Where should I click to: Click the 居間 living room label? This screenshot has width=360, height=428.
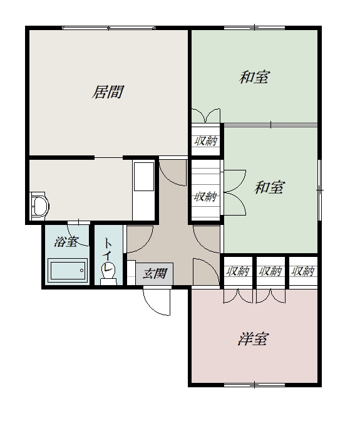click(x=108, y=91)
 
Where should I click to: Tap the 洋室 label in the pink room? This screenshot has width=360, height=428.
click(x=254, y=339)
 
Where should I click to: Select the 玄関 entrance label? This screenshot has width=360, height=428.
click(x=155, y=273)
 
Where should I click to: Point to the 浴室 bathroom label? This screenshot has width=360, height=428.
click(x=66, y=241)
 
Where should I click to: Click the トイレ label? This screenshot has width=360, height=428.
click(x=108, y=254)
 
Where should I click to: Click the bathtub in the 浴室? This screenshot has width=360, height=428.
click(x=68, y=271)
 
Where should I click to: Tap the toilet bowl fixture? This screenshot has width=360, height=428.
click(x=108, y=274)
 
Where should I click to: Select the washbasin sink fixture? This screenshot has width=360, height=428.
click(x=39, y=206)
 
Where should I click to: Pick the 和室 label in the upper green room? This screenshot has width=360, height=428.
click(x=254, y=77)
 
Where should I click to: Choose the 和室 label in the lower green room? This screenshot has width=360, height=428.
click(x=269, y=187)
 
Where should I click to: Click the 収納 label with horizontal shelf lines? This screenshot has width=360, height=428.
click(x=205, y=196)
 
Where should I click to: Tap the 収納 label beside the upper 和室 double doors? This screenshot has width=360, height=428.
click(x=205, y=141)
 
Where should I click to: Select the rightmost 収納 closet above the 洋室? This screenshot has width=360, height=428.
click(x=303, y=271)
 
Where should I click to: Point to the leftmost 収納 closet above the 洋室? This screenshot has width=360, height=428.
click(x=238, y=271)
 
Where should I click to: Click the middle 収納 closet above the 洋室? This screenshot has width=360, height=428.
click(x=270, y=271)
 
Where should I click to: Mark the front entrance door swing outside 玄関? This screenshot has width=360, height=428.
click(x=157, y=302)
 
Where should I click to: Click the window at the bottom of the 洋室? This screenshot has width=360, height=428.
click(x=254, y=385)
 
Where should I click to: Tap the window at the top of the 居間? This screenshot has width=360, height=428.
click(x=108, y=28)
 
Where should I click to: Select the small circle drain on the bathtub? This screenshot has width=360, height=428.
click(x=81, y=271)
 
